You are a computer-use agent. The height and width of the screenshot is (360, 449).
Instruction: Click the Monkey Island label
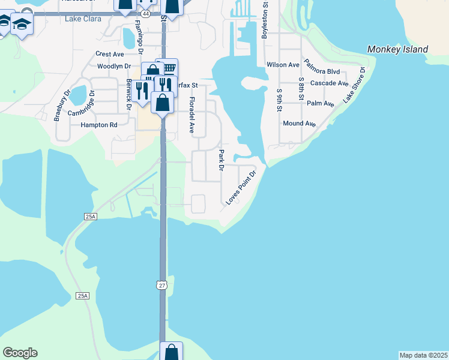click(x=398, y=49)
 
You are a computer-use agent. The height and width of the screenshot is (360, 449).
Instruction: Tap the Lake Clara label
click(x=83, y=19)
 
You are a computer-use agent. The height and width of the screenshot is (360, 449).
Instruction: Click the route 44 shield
click(x=146, y=13)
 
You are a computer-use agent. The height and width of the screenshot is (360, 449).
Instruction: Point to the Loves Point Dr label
click(x=241, y=187)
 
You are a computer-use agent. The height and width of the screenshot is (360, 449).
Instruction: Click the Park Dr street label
click(x=221, y=161)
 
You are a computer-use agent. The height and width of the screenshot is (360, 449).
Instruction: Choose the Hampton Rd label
click(x=99, y=125)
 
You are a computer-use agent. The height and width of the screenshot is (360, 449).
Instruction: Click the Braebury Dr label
click(x=62, y=106)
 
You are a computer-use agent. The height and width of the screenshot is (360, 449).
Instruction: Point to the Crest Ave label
click(x=109, y=54)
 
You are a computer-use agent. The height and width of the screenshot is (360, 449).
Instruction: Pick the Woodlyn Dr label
click(x=109, y=66)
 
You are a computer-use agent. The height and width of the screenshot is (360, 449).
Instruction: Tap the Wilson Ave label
click(x=283, y=65)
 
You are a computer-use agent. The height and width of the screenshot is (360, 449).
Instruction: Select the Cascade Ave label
click(x=330, y=83)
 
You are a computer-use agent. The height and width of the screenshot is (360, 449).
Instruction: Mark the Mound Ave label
click(x=299, y=124)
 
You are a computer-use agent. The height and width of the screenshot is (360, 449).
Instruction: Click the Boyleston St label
click(x=264, y=21)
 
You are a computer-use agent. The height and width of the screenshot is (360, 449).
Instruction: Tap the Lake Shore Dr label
click(x=354, y=85)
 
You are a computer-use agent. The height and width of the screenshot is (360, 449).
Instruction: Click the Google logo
click(x=20, y=353)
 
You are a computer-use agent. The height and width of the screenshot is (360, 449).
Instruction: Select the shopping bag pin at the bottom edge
click(x=171, y=351)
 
